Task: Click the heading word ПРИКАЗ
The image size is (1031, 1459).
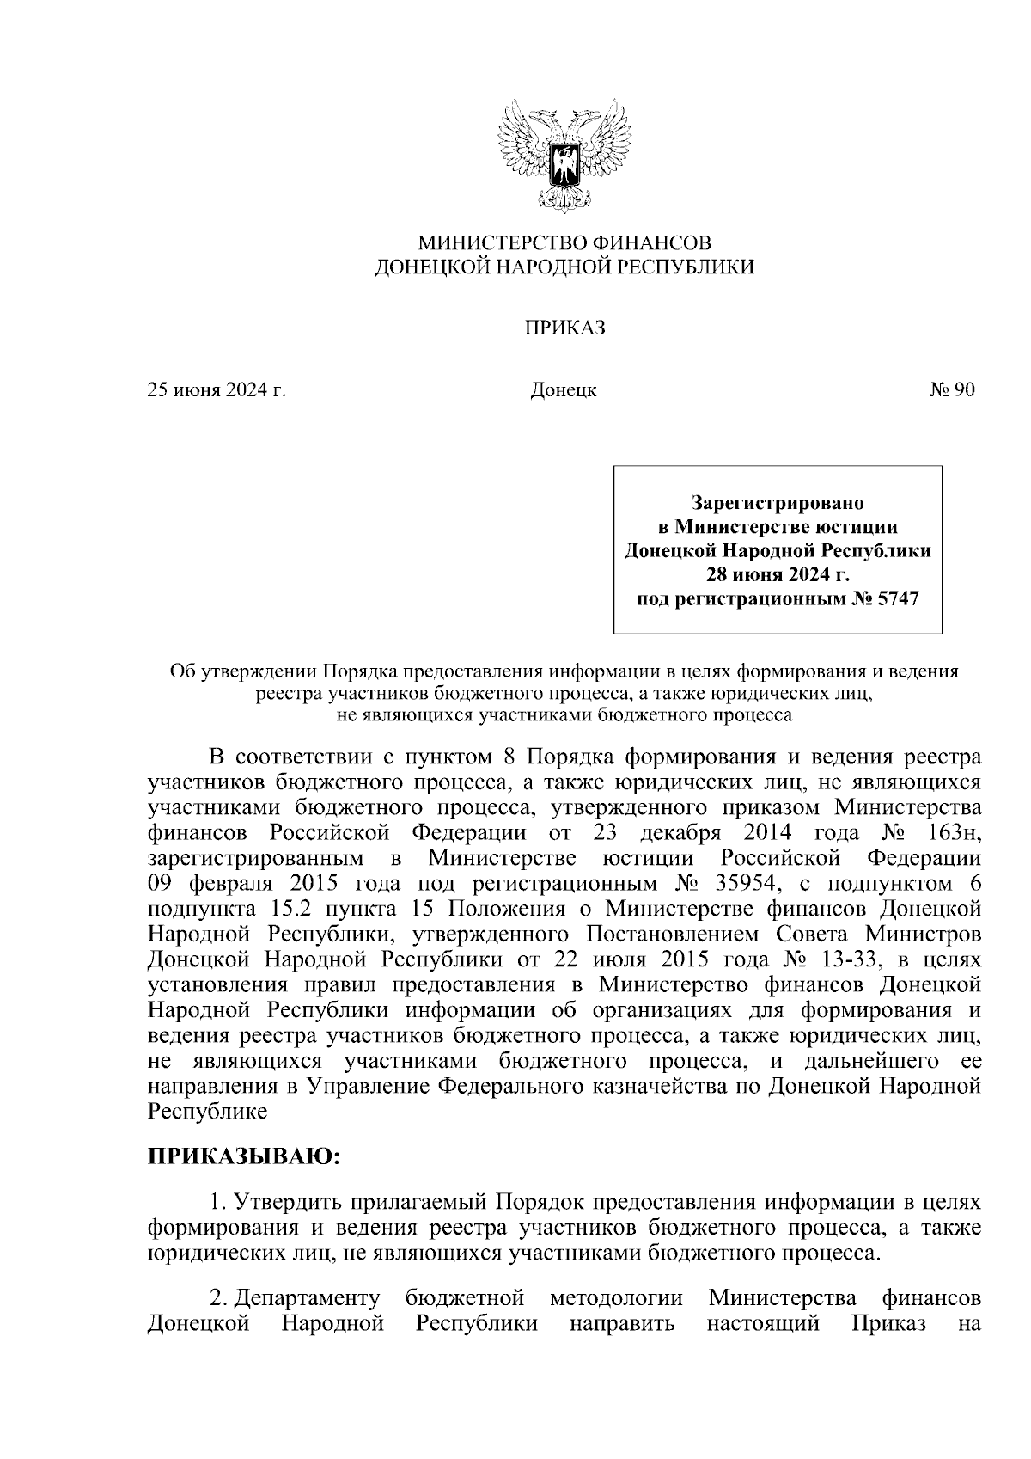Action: [564, 328]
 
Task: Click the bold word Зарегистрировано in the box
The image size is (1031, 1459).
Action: [778, 500]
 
